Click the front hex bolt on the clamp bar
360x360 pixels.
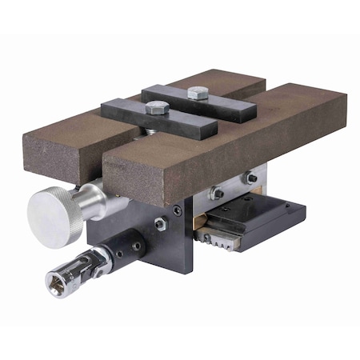click(154, 107)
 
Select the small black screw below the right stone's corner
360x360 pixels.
click(178, 210)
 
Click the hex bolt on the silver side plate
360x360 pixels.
click(216, 193)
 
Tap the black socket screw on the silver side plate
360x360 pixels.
click(250, 178)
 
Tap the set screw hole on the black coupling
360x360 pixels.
click(136, 246)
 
